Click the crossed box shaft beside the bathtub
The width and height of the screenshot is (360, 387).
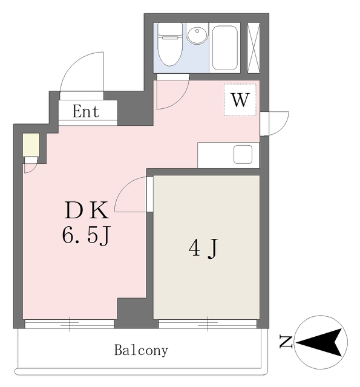click(254, 47)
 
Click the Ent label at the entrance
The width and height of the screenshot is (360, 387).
click(87, 112)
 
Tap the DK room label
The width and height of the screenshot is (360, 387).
click(87, 210)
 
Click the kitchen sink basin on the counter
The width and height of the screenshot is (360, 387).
click(243, 154)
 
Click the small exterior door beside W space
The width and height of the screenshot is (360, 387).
click(275, 123)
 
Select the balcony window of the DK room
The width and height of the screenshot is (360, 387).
click(70, 324)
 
